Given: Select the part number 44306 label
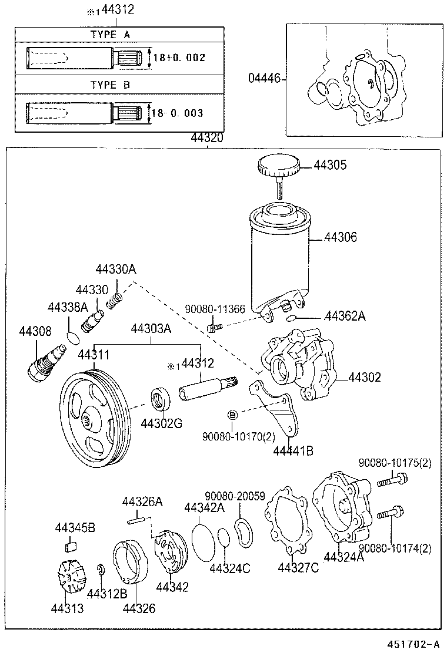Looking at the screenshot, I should pos(341,237).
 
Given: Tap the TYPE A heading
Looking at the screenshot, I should pos(111,35).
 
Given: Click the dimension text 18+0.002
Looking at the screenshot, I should pos(179,59).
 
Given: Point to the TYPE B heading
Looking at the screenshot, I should pos(111,85).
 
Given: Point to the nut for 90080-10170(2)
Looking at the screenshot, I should pos(232,415).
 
